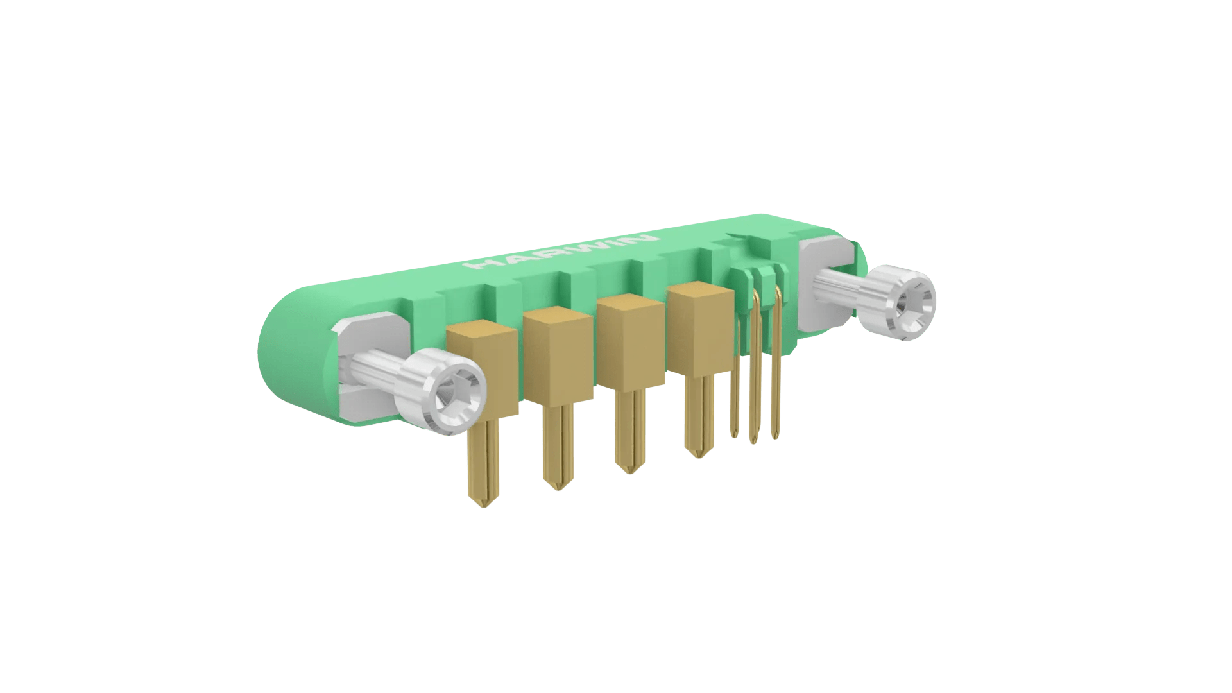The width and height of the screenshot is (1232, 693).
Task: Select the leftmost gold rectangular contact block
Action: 483,370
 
